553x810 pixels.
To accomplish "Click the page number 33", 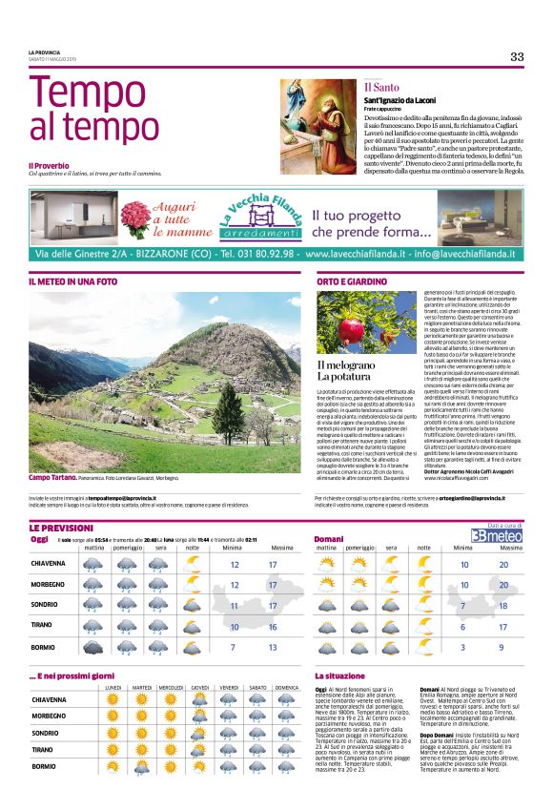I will [516, 56].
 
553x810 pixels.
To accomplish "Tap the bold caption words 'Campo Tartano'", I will [53, 477].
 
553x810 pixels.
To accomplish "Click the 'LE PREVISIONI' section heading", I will [62, 528].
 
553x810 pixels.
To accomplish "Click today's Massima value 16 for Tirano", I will [273, 627].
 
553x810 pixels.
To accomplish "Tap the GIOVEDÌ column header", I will [200, 688].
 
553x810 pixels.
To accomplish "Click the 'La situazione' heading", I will [340, 675].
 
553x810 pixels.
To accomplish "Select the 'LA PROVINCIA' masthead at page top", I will [45, 52].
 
